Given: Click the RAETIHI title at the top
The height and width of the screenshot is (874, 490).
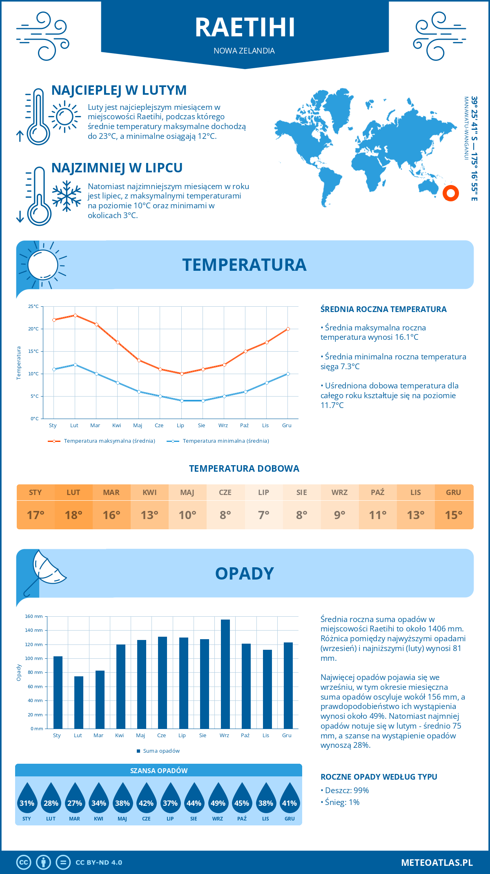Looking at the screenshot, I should pos(245,27).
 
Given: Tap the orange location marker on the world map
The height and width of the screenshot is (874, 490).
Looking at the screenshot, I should pos(451,193).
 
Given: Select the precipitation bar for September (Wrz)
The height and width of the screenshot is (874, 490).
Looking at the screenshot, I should pos(225,674).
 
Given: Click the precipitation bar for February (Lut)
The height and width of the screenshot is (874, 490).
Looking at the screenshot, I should pos(79,702).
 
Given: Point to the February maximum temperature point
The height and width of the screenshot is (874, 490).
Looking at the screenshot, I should pos(75,315).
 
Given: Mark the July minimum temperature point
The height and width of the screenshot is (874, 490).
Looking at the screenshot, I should pos(182,401).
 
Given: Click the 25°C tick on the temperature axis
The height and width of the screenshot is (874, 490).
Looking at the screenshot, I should pos(33,306).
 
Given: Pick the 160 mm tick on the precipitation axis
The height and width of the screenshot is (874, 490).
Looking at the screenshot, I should pos(34,616).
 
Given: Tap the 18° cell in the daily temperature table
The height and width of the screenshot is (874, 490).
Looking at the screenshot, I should pos(73,515).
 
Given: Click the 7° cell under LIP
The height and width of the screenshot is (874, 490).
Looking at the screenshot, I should pos(263,515).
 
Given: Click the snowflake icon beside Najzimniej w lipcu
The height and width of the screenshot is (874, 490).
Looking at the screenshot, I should pos(67,196).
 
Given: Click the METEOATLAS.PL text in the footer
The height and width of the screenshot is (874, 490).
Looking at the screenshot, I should pos(437,863).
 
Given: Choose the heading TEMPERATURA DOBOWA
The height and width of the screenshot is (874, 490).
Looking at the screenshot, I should pos(244,468).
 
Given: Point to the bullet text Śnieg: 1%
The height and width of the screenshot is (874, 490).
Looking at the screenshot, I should pos(342,802).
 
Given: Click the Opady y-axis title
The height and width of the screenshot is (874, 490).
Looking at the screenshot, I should pos(19,673).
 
